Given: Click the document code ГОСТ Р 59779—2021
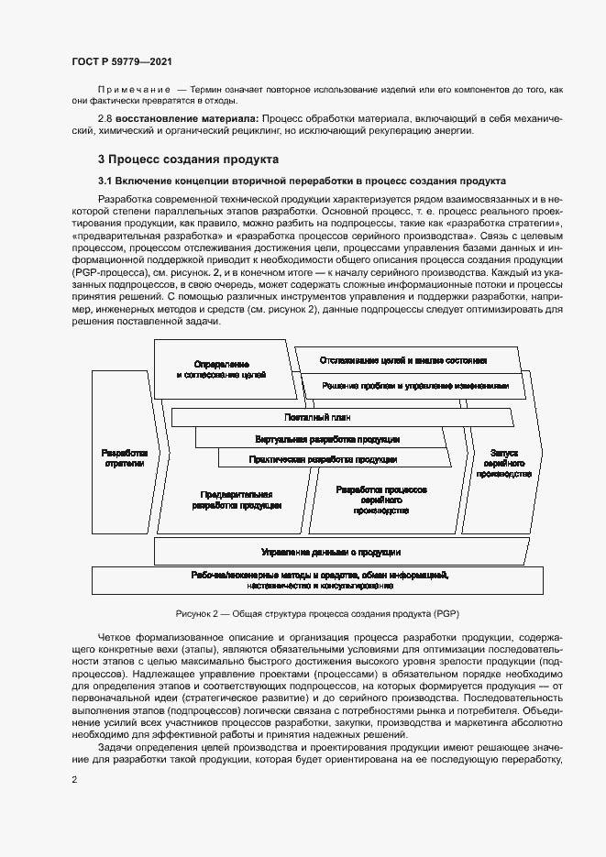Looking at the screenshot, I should (x=121, y=61).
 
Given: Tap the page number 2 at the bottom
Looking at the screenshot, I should (x=74, y=779).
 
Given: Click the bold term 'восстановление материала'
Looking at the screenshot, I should (x=193, y=119).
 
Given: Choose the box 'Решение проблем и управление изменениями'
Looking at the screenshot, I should (x=415, y=387).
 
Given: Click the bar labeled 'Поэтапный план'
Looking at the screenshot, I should (x=338, y=417).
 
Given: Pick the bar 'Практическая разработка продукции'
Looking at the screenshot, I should (x=324, y=458).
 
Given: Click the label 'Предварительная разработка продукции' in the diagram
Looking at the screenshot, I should (x=237, y=500).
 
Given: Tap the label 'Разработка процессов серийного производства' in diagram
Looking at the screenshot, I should (x=379, y=500).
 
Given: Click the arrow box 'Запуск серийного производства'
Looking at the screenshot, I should (x=504, y=463).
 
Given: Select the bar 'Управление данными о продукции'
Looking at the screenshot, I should (x=330, y=552).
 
